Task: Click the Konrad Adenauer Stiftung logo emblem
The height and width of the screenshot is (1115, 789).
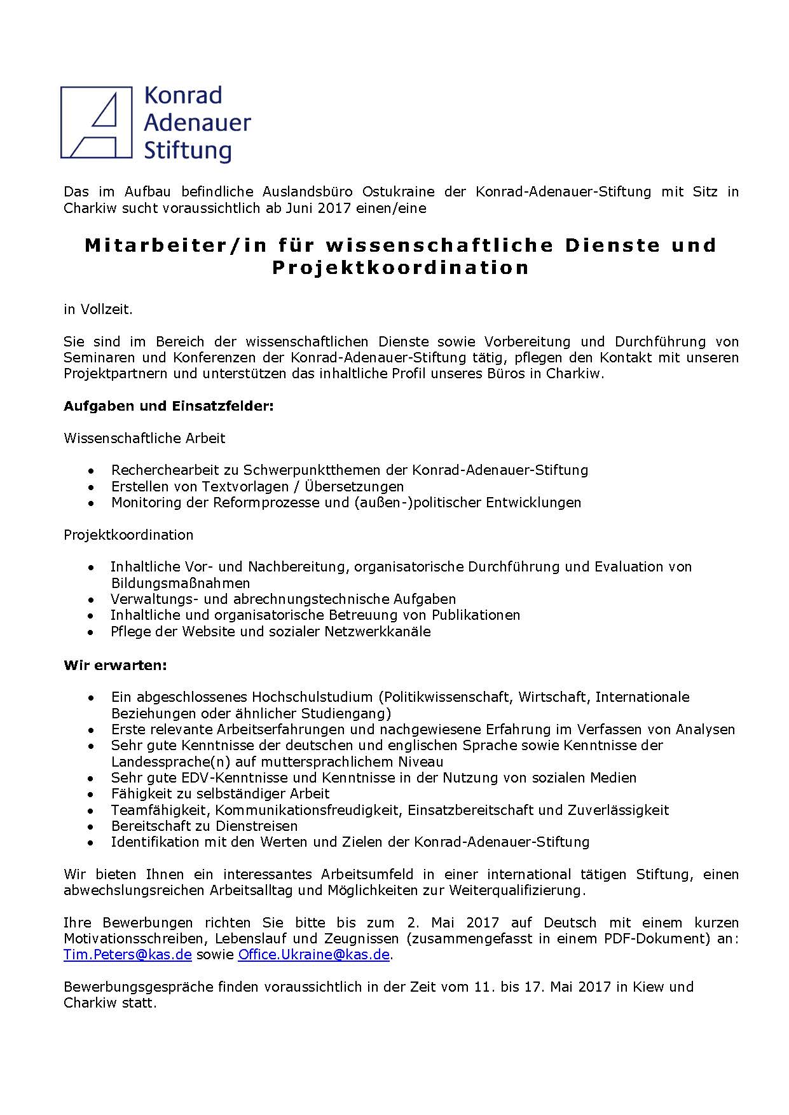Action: [x=97, y=122]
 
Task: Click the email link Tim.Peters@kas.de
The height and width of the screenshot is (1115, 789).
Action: [x=127, y=955]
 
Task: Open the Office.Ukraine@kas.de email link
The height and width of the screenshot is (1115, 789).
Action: [x=313, y=955]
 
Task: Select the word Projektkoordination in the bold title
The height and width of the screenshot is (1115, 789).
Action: [x=401, y=268]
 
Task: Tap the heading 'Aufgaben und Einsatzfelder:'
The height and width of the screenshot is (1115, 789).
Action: [x=168, y=406]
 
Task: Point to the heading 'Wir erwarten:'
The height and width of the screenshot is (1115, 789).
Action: [x=115, y=665]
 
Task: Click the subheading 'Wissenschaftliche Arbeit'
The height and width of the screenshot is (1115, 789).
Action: [x=144, y=438]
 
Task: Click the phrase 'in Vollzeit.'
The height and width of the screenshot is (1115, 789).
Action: [x=98, y=310]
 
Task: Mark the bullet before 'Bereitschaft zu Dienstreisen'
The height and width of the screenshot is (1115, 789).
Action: [x=93, y=826]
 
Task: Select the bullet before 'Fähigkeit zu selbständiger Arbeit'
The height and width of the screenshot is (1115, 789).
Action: [x=93, y=794]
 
